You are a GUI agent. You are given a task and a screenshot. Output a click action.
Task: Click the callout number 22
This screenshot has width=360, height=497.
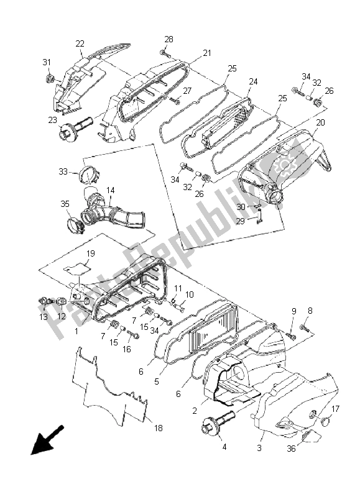(x=80, y=43)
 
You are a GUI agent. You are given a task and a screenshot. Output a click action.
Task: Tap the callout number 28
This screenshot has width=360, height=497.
(x=168, y=39)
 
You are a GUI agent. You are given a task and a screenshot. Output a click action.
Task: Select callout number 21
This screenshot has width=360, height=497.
(x=207, y=53)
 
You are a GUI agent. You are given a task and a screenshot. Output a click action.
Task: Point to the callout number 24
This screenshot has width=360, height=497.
(x=253, y=82)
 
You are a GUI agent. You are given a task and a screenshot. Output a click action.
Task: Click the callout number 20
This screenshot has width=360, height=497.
(x=320, y=122)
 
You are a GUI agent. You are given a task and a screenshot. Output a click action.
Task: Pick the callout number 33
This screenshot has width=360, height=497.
(x=63, y=171)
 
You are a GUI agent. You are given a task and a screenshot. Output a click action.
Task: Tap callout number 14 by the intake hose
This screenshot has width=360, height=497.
(x=111, y=190)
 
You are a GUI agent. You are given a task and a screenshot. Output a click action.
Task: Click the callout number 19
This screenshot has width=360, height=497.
(x=90, y=253)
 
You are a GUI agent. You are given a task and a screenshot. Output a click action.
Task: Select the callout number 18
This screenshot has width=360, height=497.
(x=158, y=428)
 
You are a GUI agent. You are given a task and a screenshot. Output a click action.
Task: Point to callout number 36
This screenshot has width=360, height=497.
(x=291, y=449)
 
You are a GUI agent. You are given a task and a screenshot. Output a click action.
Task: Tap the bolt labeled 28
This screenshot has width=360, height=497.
(x=165, y=53)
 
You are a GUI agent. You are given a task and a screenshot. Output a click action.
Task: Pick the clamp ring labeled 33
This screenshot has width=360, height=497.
(x=90, y=176)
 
